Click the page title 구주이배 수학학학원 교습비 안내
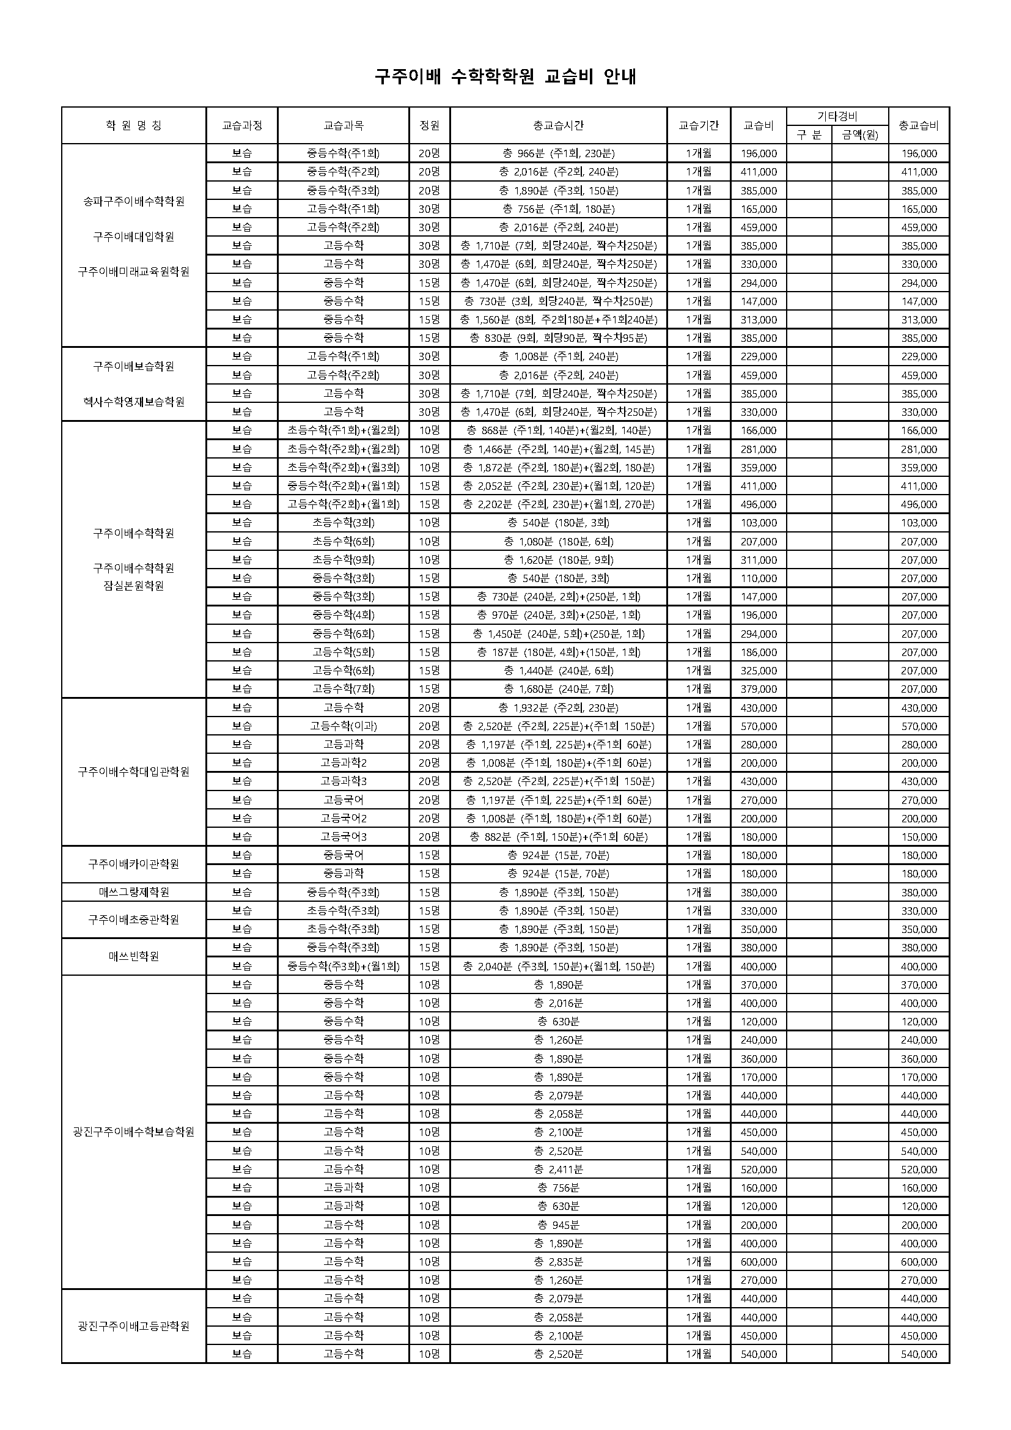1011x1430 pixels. (505, 76)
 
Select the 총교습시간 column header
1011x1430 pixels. (559, 125)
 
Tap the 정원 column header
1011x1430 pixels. (430, 125)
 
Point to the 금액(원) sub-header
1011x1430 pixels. (860, 135)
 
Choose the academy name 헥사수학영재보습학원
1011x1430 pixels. (134, 402)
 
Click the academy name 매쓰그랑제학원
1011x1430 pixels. (134, 892)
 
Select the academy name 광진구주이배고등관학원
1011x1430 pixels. (134, 1326)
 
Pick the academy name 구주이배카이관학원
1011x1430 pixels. (134, 864)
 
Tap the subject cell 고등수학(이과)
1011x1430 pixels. (344, 726)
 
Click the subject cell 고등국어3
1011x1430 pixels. (344, 836)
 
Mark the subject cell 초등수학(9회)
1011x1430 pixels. (344, 559)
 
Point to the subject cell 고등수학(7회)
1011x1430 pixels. (344, 689)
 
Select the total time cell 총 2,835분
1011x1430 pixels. (559, 1261)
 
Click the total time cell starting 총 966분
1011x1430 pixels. (559, 153)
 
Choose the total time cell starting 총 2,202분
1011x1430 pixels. (559, 504)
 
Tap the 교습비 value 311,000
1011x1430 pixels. (758, 559)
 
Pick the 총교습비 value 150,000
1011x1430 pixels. (919, 836)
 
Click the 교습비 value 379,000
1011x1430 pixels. (758, 689)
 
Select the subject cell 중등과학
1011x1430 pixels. (344, 873)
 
